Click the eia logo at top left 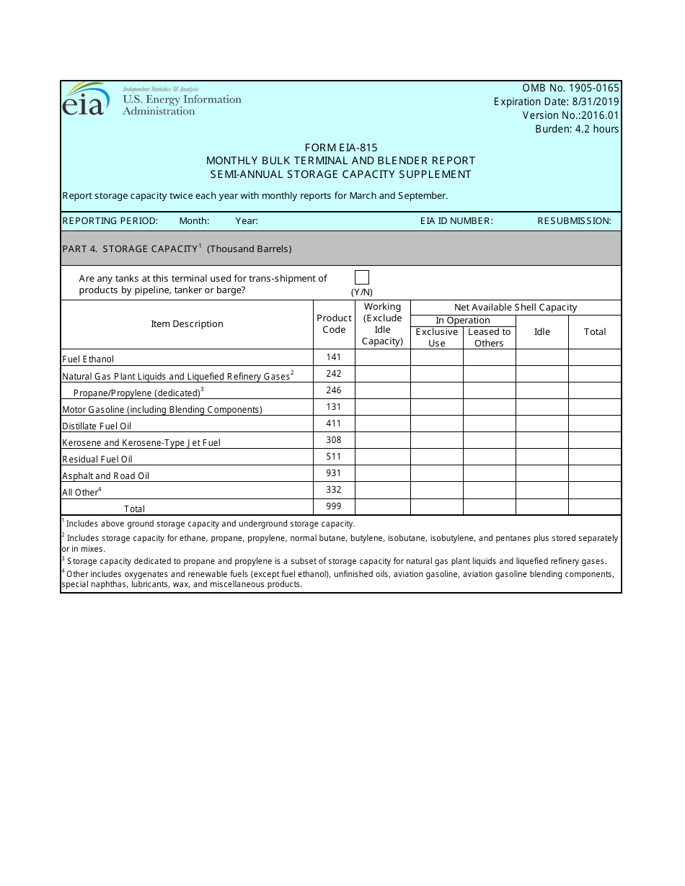pyautogui.click(x=86, y=100)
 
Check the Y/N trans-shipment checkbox pyautogui.click(x=362, y=277)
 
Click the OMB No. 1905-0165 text pyautogui.click(x=570, y=89)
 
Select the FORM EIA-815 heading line pyautogui.click(x=341, y=148)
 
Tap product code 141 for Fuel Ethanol pyautogui.click(x=334, y=357)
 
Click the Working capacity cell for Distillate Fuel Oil pyautogui.click(x=382, y=424)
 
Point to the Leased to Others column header pyautogui.click(x=489, y=337)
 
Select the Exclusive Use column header pyautogui.click(x=436, y=337)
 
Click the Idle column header pyautogui.click(x=542, y=332)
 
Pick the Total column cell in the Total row pyautogui.click(x=594, y=506)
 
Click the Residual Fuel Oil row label pyautogui.click(x=97, y=459)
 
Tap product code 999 pyautogui.click(x=334, y=506)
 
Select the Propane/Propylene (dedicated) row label pyautogui.click(x=137, y=393)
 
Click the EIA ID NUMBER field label pyautogui.click(x=456, y=221)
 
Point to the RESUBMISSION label pyautogui.click(x=574, y=221)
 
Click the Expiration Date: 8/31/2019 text pyautogui.click(x=556, y=102)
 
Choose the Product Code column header pyautogui.click(x=334, y=324)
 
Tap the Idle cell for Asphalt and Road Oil pyautogui.click(x=542, y=473)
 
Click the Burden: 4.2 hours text pyautogui.click(x=576, y=129)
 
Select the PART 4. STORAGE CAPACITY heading pyautogui.click(x=177, y=249)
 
